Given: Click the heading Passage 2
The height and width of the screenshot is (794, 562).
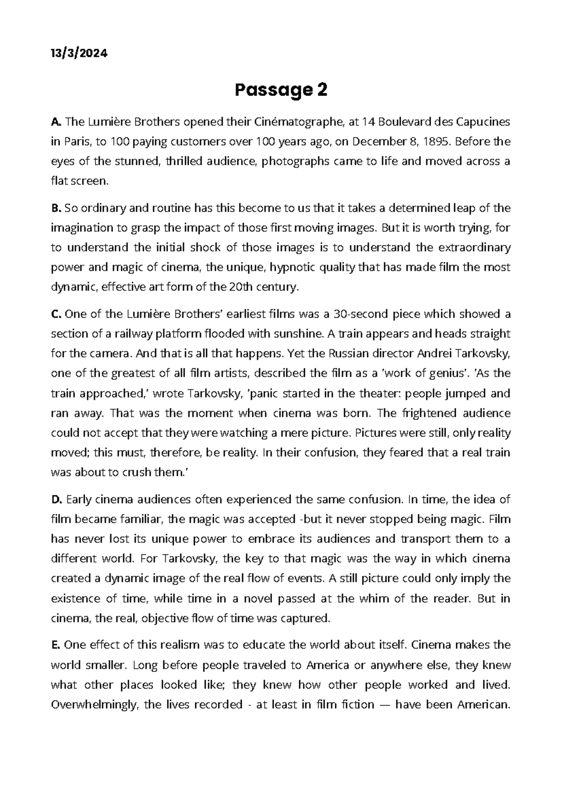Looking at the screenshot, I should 281,89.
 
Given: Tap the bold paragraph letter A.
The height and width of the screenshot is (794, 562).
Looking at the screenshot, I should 55,122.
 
